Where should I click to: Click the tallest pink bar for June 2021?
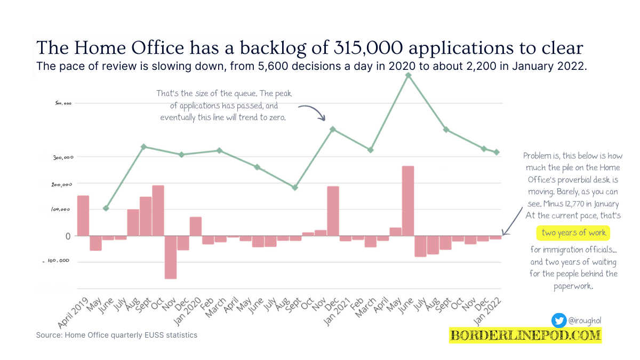(x=408, y=201)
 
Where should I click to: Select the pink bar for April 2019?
(x=83, y=215)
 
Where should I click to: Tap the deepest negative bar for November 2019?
(x=171, y=257)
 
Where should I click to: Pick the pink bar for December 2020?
(x=333, y=211)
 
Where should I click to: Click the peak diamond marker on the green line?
(x=408, y=75)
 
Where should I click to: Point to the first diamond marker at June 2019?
(x=106, y=208)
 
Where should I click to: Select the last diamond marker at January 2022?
(x=497, y=153)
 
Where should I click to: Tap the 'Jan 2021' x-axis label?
(x=337, y=313)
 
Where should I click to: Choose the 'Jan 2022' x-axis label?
(x=488, y=313)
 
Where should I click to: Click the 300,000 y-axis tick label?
(x=55, y=157)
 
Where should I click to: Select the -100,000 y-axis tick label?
(x=55, y=261)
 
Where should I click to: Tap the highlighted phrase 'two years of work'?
(x=573, y=233)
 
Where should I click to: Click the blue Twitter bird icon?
(x=558, y=320)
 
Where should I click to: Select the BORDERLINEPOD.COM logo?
(x=525, y=335)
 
